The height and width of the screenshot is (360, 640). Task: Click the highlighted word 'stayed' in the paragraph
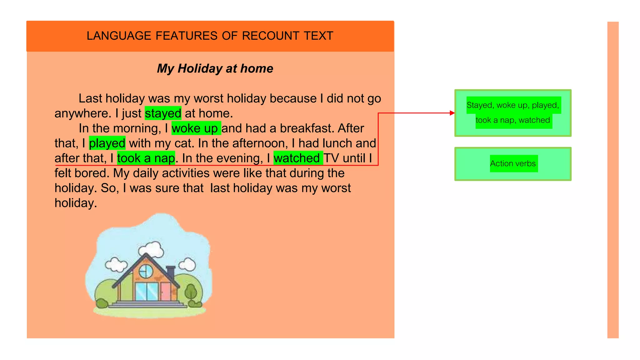(163, 113)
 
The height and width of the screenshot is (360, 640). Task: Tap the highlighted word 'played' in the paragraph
(107, 143)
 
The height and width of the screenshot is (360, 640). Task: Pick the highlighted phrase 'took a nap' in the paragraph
(146, 158)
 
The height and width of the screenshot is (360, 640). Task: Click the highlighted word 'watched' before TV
(297, 158)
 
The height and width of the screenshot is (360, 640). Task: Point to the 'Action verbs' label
(513, 163)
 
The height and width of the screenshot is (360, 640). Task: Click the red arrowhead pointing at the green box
(452, 113)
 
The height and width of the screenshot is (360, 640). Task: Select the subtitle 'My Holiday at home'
(215, 68)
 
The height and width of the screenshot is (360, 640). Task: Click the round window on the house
(145, 271)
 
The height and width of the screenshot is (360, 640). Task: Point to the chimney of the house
(171, 272)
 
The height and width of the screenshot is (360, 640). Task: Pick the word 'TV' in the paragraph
(331, 158)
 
